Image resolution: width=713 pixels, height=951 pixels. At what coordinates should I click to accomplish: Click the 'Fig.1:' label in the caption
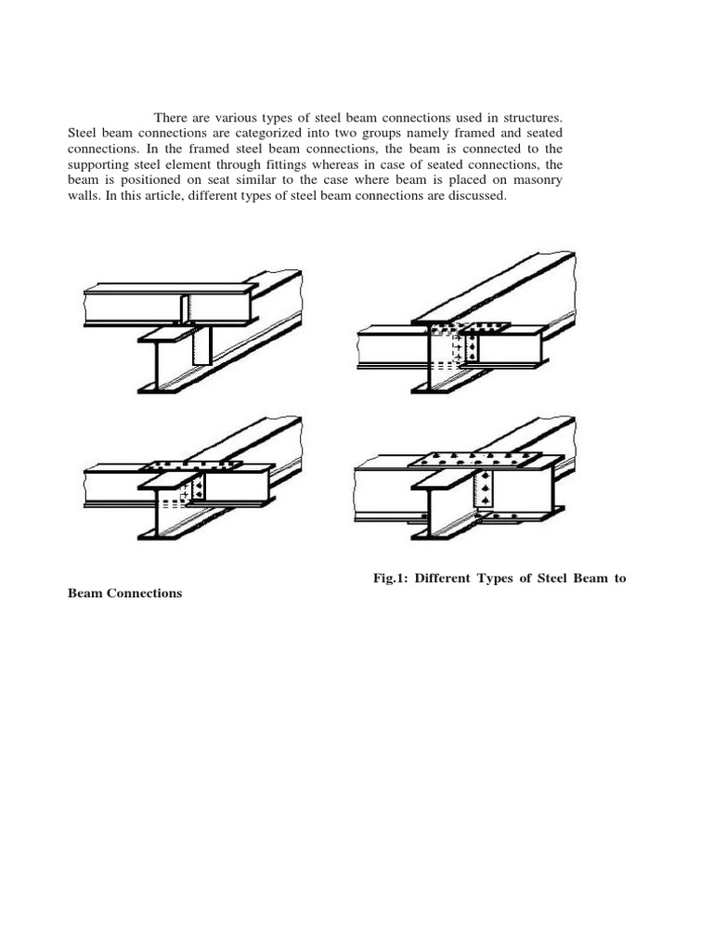(x=392, y=579)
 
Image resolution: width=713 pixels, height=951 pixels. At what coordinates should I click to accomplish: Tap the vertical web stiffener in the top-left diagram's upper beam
(x=185, y=308)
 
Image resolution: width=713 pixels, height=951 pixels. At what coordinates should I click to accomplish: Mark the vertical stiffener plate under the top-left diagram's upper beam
(x=201, y=348)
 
